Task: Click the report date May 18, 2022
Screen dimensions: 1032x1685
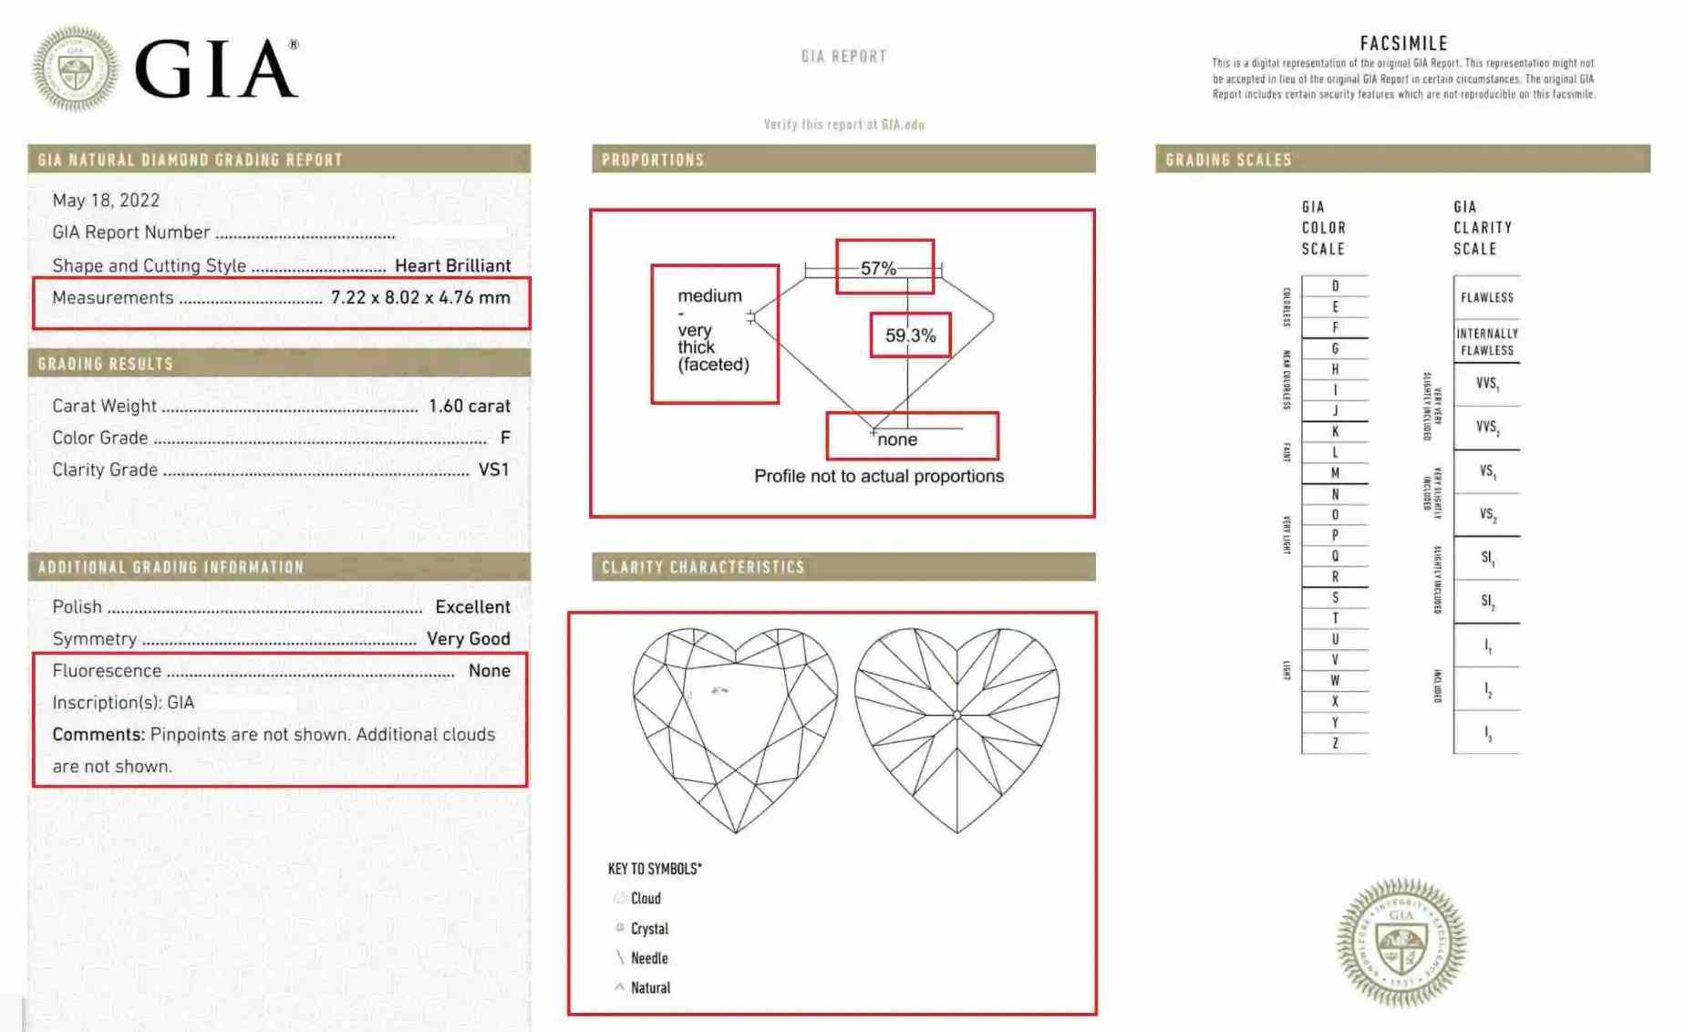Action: [x=106, y=201]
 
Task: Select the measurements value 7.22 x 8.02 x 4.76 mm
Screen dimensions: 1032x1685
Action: [x=420, y=298]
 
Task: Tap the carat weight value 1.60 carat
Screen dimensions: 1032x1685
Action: [x=469, y=406]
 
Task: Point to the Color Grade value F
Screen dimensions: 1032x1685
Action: [x=505, y=439]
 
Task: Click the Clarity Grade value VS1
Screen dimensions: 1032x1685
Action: [x=493, y=470]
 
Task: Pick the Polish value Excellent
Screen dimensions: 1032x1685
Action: [x=472, y=607]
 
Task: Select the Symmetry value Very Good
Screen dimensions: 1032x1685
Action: [x=468, y=639]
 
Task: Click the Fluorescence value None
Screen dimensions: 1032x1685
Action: [x=489, y=671]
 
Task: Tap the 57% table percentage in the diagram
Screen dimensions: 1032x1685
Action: [x=878, y=269]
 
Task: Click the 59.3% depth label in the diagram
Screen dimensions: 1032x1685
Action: [x=910, y=335]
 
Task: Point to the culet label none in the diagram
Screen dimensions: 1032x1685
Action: [x=897, y=439]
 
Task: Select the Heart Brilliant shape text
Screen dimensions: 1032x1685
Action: [x=452, y=266]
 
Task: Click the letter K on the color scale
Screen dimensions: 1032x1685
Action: [x=1335, y=431]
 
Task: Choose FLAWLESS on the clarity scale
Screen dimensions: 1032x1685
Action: [x=1486, y=298]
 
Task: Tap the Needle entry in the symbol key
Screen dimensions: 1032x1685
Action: [x=648, y=958]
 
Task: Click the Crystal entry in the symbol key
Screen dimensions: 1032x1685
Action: [x=648, y=929]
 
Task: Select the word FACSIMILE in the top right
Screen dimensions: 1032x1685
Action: [x=1403, y=44]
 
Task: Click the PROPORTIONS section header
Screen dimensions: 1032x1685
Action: [x=653, y=160]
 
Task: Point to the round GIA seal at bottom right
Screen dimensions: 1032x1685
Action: [x=1401, y=943]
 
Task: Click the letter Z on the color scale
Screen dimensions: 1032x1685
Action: [x=1335, y=743]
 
